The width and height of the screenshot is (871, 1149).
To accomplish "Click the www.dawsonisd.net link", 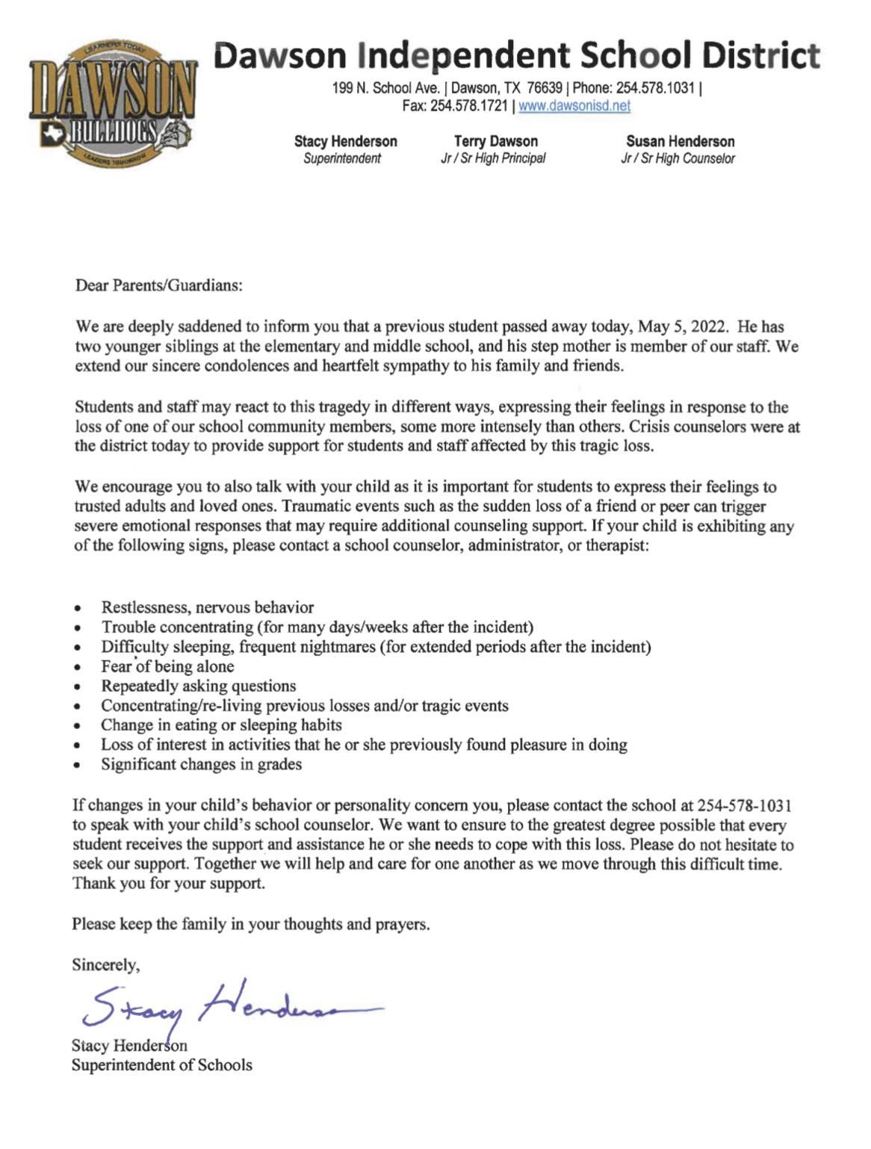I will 574,106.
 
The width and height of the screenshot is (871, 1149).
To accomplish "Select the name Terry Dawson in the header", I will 495,141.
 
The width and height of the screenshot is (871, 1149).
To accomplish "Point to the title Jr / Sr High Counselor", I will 678,158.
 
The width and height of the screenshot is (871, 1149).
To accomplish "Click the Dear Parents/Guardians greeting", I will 159,285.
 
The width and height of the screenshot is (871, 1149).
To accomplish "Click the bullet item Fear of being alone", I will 167,666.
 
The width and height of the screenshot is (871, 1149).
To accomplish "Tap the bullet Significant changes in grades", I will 202,764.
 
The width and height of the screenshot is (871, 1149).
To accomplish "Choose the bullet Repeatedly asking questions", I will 199,686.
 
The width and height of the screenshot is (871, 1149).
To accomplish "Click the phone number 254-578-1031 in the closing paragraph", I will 744,805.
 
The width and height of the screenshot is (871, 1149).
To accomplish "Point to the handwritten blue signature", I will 224,1005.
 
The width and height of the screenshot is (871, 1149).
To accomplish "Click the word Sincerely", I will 105,964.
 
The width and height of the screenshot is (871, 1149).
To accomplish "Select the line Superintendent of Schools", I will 162,1065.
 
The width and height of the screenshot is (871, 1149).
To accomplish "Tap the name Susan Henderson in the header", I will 680,141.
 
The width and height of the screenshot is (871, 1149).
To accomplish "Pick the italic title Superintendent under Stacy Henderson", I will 342,158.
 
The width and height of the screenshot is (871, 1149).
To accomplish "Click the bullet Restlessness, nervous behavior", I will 208,607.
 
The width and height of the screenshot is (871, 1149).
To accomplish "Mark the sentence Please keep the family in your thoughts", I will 251,924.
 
